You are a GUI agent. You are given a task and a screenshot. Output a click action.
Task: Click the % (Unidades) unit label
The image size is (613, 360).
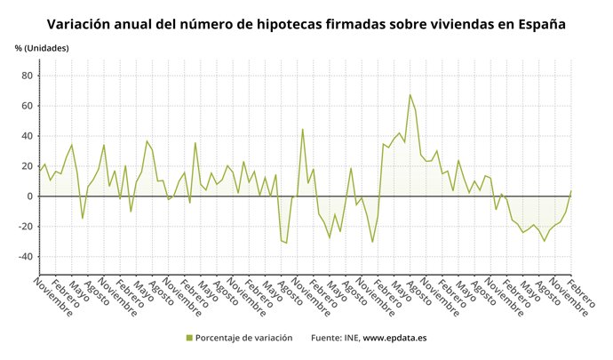[41, 48]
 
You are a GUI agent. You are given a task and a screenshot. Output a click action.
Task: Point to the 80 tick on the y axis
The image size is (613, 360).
[28, 76]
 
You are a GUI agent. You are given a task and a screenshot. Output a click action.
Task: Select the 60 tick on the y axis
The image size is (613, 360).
[28, 106]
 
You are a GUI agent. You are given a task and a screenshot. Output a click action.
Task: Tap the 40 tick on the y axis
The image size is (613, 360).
[28, 136]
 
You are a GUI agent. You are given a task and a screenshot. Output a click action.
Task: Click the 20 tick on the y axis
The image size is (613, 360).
[28, 166]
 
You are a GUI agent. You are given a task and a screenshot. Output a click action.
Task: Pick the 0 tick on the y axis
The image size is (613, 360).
[30, 196]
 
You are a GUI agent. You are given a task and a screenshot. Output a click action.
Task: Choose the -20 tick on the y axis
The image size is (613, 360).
[26, 227]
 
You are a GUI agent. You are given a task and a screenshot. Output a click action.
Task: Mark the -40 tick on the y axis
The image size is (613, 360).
[26, 257]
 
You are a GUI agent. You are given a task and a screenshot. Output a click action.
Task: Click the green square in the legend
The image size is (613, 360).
[189, 338]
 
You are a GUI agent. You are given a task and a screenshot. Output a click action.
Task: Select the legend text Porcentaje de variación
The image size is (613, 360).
[244, 338]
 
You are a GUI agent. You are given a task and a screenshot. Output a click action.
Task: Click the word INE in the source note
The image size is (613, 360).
[349, 338]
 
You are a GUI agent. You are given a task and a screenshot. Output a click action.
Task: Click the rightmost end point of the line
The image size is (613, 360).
[571, 189]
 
